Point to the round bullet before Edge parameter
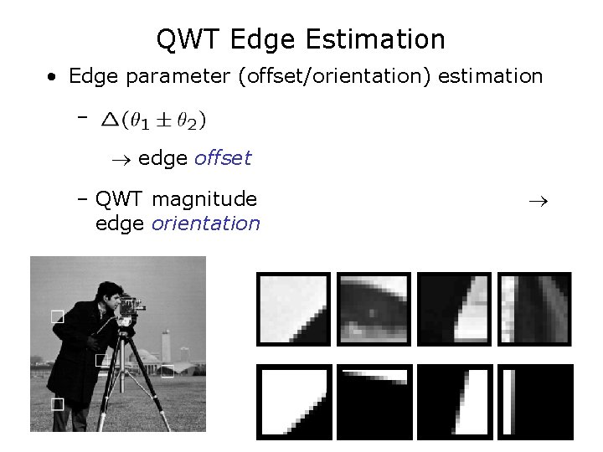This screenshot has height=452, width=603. [x=53, y=78]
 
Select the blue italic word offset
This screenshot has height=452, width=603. [x=222, y=158]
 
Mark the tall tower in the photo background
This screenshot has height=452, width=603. [x=166, y=344]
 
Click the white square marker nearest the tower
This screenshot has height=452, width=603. [x=167, y=371]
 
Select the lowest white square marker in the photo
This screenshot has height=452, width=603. [x=57, y=404]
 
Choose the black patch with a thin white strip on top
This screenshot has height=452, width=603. [x=374, y=401]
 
